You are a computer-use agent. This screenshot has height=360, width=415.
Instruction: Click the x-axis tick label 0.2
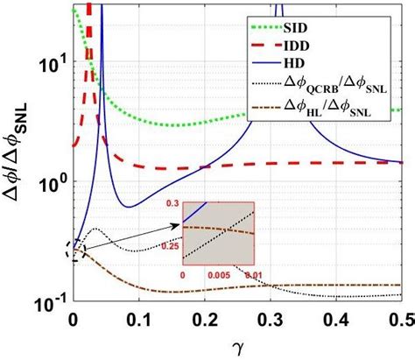(x=208, y=319)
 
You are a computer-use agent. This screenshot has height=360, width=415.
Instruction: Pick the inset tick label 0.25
(x=170, y=246)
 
